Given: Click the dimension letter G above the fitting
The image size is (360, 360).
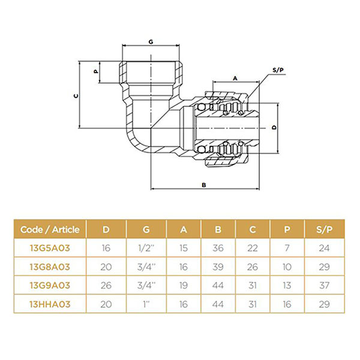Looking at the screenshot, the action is (151, 42).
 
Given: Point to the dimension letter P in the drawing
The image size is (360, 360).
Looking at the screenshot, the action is (96, 71).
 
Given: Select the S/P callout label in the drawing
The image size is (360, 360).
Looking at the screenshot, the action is (278, 70).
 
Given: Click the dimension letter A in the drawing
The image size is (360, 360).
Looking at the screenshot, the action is (235, 79).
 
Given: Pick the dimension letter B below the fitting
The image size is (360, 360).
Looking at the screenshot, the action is (203, 185).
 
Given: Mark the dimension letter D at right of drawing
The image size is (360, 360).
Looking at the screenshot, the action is (274, 128).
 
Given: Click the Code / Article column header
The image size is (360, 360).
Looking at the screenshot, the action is (50, 229).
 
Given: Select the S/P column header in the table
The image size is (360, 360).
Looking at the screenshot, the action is (324, 229).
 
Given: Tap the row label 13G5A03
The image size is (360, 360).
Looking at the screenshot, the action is (50, 248).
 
